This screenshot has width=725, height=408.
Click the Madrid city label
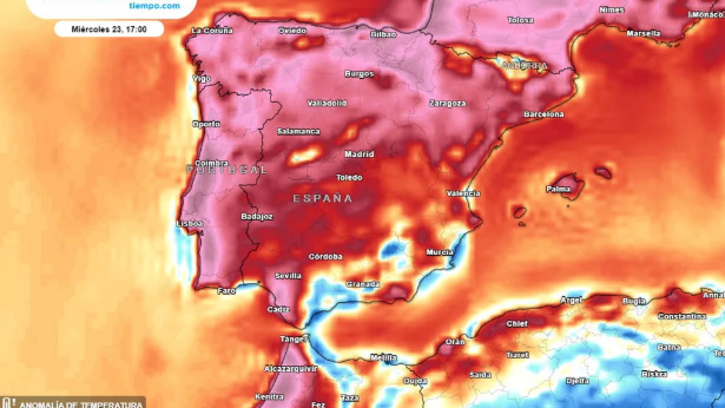359,154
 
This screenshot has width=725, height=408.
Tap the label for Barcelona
544,114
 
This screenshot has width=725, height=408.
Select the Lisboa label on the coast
190,224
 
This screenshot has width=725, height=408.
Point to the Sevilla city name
288,276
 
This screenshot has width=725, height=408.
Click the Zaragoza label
447,103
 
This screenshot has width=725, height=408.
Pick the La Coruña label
212,31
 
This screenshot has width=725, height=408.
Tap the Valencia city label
463,193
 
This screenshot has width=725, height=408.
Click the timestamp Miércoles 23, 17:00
109,29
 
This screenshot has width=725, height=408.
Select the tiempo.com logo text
154,6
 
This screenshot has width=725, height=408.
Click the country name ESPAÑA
323,198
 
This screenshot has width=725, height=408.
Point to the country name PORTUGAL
227,170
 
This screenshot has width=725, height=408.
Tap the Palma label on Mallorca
558,189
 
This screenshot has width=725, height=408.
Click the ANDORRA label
524,66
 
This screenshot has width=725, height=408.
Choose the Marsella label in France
643,33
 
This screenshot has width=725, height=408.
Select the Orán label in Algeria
455,342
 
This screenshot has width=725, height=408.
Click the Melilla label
383,358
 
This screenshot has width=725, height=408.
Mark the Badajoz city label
257,217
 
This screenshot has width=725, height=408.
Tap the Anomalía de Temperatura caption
81,404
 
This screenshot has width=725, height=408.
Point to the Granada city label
362,284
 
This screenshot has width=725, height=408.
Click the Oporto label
206,124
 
